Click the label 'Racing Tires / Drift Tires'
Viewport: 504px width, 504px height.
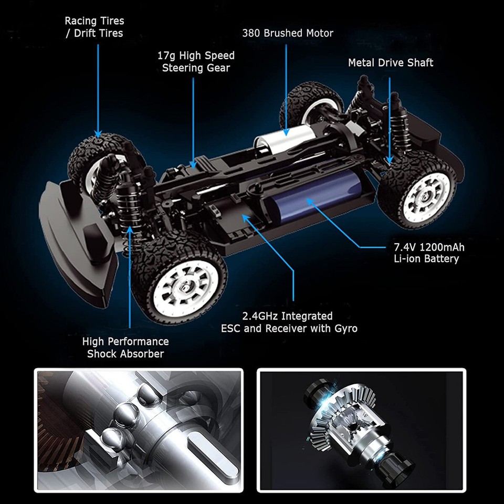94,27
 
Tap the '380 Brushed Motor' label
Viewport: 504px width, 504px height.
287,33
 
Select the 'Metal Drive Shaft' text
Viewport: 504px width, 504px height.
391,63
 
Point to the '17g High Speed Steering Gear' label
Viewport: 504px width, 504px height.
196,61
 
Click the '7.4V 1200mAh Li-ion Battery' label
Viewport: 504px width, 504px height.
429,253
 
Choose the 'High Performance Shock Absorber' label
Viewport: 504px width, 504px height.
125,348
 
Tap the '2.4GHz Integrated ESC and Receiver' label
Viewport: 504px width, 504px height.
289,322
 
